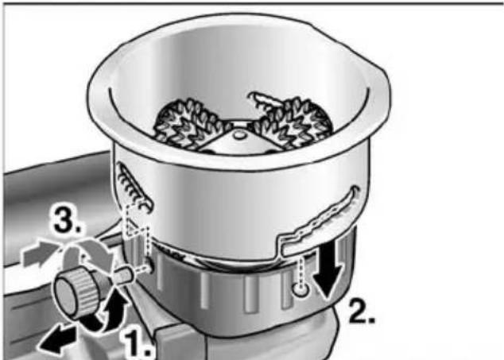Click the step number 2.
point(362,312)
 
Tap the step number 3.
point(68,222)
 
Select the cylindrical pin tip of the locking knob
point(124,276)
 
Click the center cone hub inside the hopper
point(238,141)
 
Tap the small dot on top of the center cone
point(238,135)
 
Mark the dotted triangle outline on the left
point(137,225)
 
